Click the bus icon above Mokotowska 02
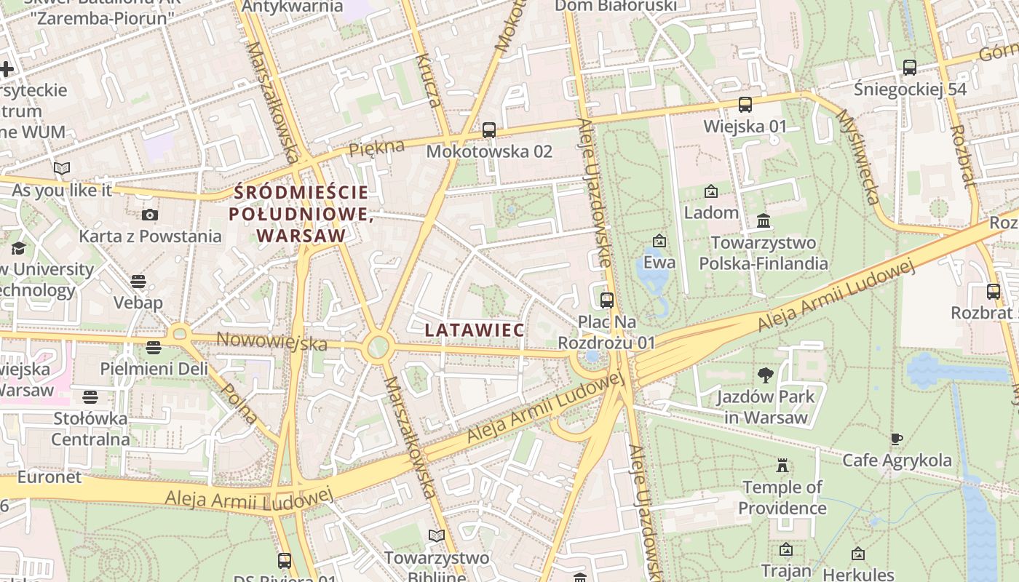(489, 130)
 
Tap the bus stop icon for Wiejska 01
(745, 104)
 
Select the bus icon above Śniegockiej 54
(909, 68)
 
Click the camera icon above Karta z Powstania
(150, 215)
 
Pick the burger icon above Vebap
(138, 282)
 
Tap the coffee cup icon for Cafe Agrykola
(897, 439)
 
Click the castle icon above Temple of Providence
(782, 465)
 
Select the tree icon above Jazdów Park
(765, 375)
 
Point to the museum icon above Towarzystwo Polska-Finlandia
(764, 220)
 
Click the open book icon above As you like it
(62, 169)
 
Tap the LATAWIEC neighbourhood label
(474, 330)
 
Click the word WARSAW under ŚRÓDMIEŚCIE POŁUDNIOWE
(301, 236)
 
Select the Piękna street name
(376, 148)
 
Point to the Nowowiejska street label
(271, 340)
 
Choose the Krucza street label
(429, 80)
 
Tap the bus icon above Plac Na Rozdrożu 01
(606, 300)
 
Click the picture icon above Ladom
(710, 191)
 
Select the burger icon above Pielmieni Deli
(153, 348)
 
